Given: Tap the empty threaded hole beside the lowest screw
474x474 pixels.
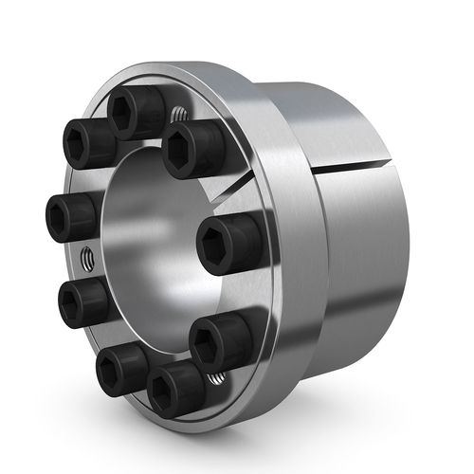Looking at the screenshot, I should pyautogui.click(x=216, y=380).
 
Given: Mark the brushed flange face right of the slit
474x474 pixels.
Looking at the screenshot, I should pyautogui.click(x=284, y=237).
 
